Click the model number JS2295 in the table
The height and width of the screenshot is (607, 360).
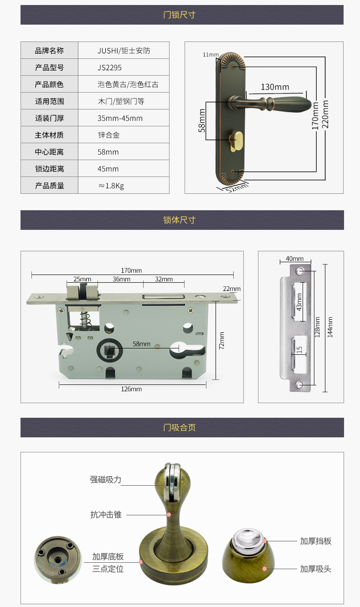click(110, 67)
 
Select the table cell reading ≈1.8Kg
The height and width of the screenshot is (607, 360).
click(111, 186)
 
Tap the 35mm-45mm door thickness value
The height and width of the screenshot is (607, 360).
click(120, 118)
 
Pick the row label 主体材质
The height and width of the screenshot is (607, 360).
click(49, 135)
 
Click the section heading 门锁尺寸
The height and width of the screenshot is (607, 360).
click(179, 15)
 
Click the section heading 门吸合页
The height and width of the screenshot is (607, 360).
click(179, 427)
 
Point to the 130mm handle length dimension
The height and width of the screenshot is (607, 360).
click(275, 87)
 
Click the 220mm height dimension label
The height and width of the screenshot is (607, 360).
click(325, 114)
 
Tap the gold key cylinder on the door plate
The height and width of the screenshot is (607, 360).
click(236, 141)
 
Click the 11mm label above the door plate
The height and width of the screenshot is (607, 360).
click(211, 55)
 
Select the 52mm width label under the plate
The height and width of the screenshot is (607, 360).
click(237, 187)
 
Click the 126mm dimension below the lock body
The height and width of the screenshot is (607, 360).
click(131, 389)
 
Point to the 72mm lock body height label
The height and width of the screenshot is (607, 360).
click(221, 340)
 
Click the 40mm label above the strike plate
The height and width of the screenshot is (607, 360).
click(294, 259)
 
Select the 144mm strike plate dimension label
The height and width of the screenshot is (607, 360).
click(330, 327)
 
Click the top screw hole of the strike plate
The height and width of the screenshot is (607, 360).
click(300, 271)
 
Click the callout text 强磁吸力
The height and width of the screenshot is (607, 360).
click(106, 480)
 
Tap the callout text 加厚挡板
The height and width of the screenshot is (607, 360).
click(316, 541)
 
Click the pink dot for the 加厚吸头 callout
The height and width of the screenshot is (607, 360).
click(265, 569)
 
